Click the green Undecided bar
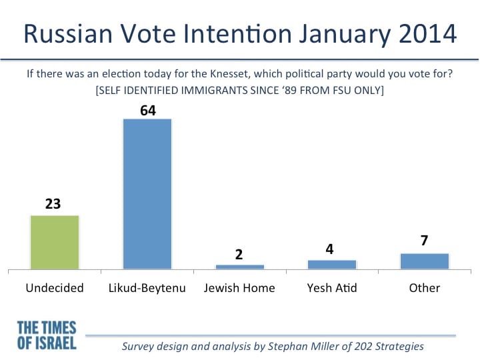tap(55, 243)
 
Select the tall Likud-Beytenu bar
tap(147, 194)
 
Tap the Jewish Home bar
tap(240, 267)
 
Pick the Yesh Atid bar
tap(332, 265)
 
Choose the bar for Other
tap(425, 261)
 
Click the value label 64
tap(148, 111)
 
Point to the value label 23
tap(53, 204)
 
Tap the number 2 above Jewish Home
tap(239, 255)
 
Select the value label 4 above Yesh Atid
tap(329, 249)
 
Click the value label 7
tap(424, 241)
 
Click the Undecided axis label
tap(55, 288)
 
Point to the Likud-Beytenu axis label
tap(147, 289)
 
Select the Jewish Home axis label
tap(239, 288)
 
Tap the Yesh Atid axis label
tap(332, 288)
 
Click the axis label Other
tap(425, 288)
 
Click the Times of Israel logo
tap(47, 335)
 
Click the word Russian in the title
tap(68, 34)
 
